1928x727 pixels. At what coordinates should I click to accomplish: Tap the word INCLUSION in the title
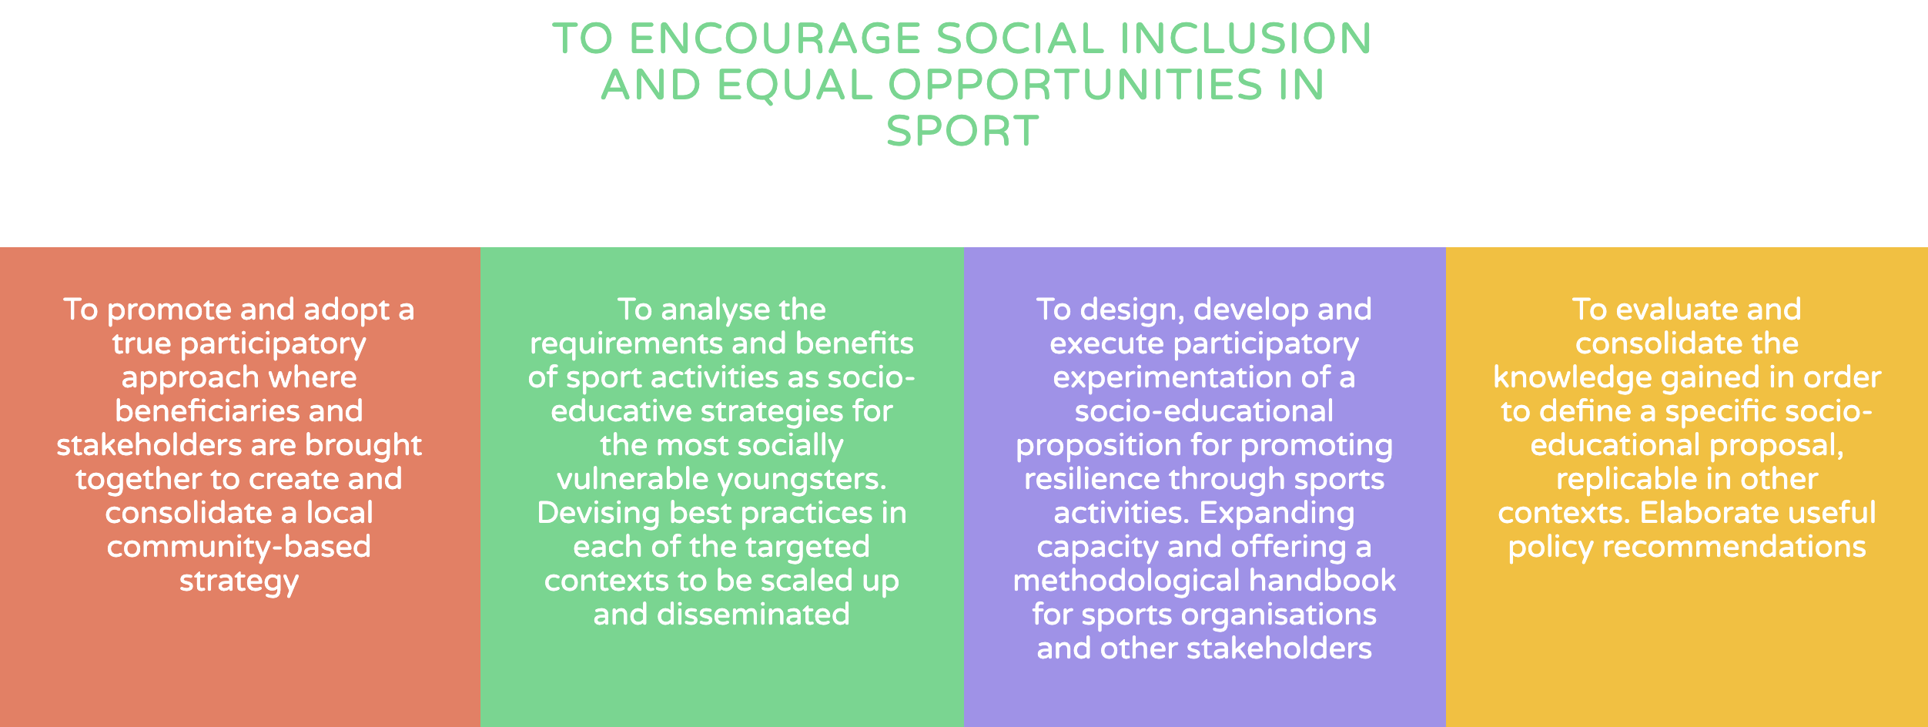coord(1245,39)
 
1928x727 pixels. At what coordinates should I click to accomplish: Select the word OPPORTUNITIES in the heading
coord(1076,85)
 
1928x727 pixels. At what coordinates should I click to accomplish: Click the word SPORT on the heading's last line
coord(962,131)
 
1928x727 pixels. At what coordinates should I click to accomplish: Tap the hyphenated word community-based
coord(239,548)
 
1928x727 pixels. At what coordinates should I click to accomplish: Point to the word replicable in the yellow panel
coord(1622,480)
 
